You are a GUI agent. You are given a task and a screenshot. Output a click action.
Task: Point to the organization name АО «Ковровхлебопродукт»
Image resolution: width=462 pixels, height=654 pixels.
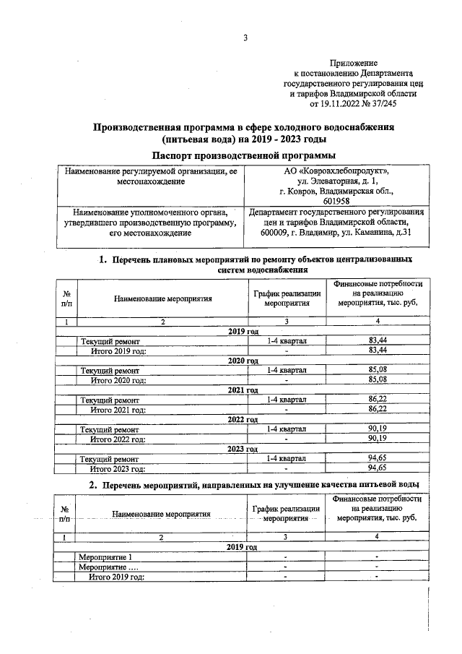tap(336, 171)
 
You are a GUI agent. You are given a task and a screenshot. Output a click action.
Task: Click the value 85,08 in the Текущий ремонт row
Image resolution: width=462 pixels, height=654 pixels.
tap(378, 370)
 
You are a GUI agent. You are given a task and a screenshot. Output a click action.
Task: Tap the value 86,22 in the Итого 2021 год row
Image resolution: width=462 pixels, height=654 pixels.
tap(378, 409)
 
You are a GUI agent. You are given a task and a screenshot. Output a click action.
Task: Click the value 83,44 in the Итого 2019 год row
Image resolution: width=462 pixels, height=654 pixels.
tap(378, 350)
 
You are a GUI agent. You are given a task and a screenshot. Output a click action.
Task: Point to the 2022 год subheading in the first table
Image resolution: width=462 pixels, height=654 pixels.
tap(243, 419)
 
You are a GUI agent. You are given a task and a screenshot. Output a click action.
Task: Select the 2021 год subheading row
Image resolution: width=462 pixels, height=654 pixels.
tap(243, 390)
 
